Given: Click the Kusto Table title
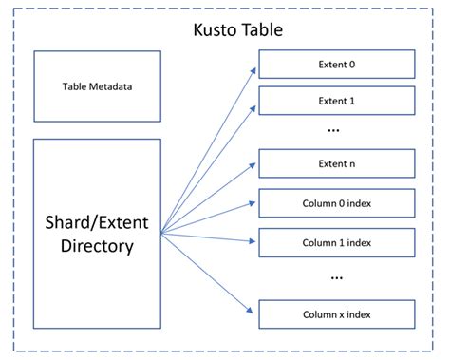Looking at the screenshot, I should [x=224, y=29].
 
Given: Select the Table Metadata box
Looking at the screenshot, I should [x=96, y=85].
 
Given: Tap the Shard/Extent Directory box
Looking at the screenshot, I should [x=96, y=234].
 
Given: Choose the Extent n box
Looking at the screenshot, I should [x=337, y=163].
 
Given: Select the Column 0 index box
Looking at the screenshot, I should [x=337, y=202].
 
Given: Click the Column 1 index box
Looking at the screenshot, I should [x=337, y=241].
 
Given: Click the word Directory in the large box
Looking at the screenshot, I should [x=96, y=246].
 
